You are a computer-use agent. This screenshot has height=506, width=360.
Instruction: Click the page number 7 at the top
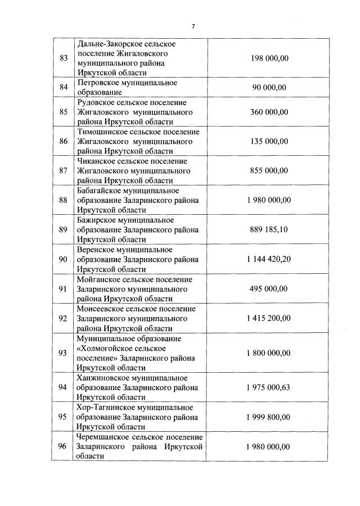(x=193, y=26)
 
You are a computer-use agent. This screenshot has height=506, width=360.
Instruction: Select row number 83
(x=63, y=58)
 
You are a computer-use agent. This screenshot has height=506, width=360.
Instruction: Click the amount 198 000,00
(x=268, y=58)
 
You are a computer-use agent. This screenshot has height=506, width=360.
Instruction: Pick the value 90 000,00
(x=268, y=87)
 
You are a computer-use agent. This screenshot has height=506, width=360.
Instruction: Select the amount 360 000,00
(x=268, y=112)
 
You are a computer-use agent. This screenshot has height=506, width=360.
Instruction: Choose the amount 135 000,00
(x=268, y=141)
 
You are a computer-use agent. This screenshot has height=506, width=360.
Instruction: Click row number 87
(x=63, y=170)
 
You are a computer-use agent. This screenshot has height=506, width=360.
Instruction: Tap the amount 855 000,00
(x=268, y=170)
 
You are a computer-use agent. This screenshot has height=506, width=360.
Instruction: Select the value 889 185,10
(x=268, y=229)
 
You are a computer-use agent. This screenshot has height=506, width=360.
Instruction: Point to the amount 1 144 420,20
(x=268, y=259)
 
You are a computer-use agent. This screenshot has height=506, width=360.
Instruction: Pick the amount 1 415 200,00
(x=268, y=318)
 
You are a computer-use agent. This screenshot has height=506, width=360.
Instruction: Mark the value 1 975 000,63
(x=268, y=387)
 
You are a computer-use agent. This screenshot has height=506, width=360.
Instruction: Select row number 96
(x=63, y=446)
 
